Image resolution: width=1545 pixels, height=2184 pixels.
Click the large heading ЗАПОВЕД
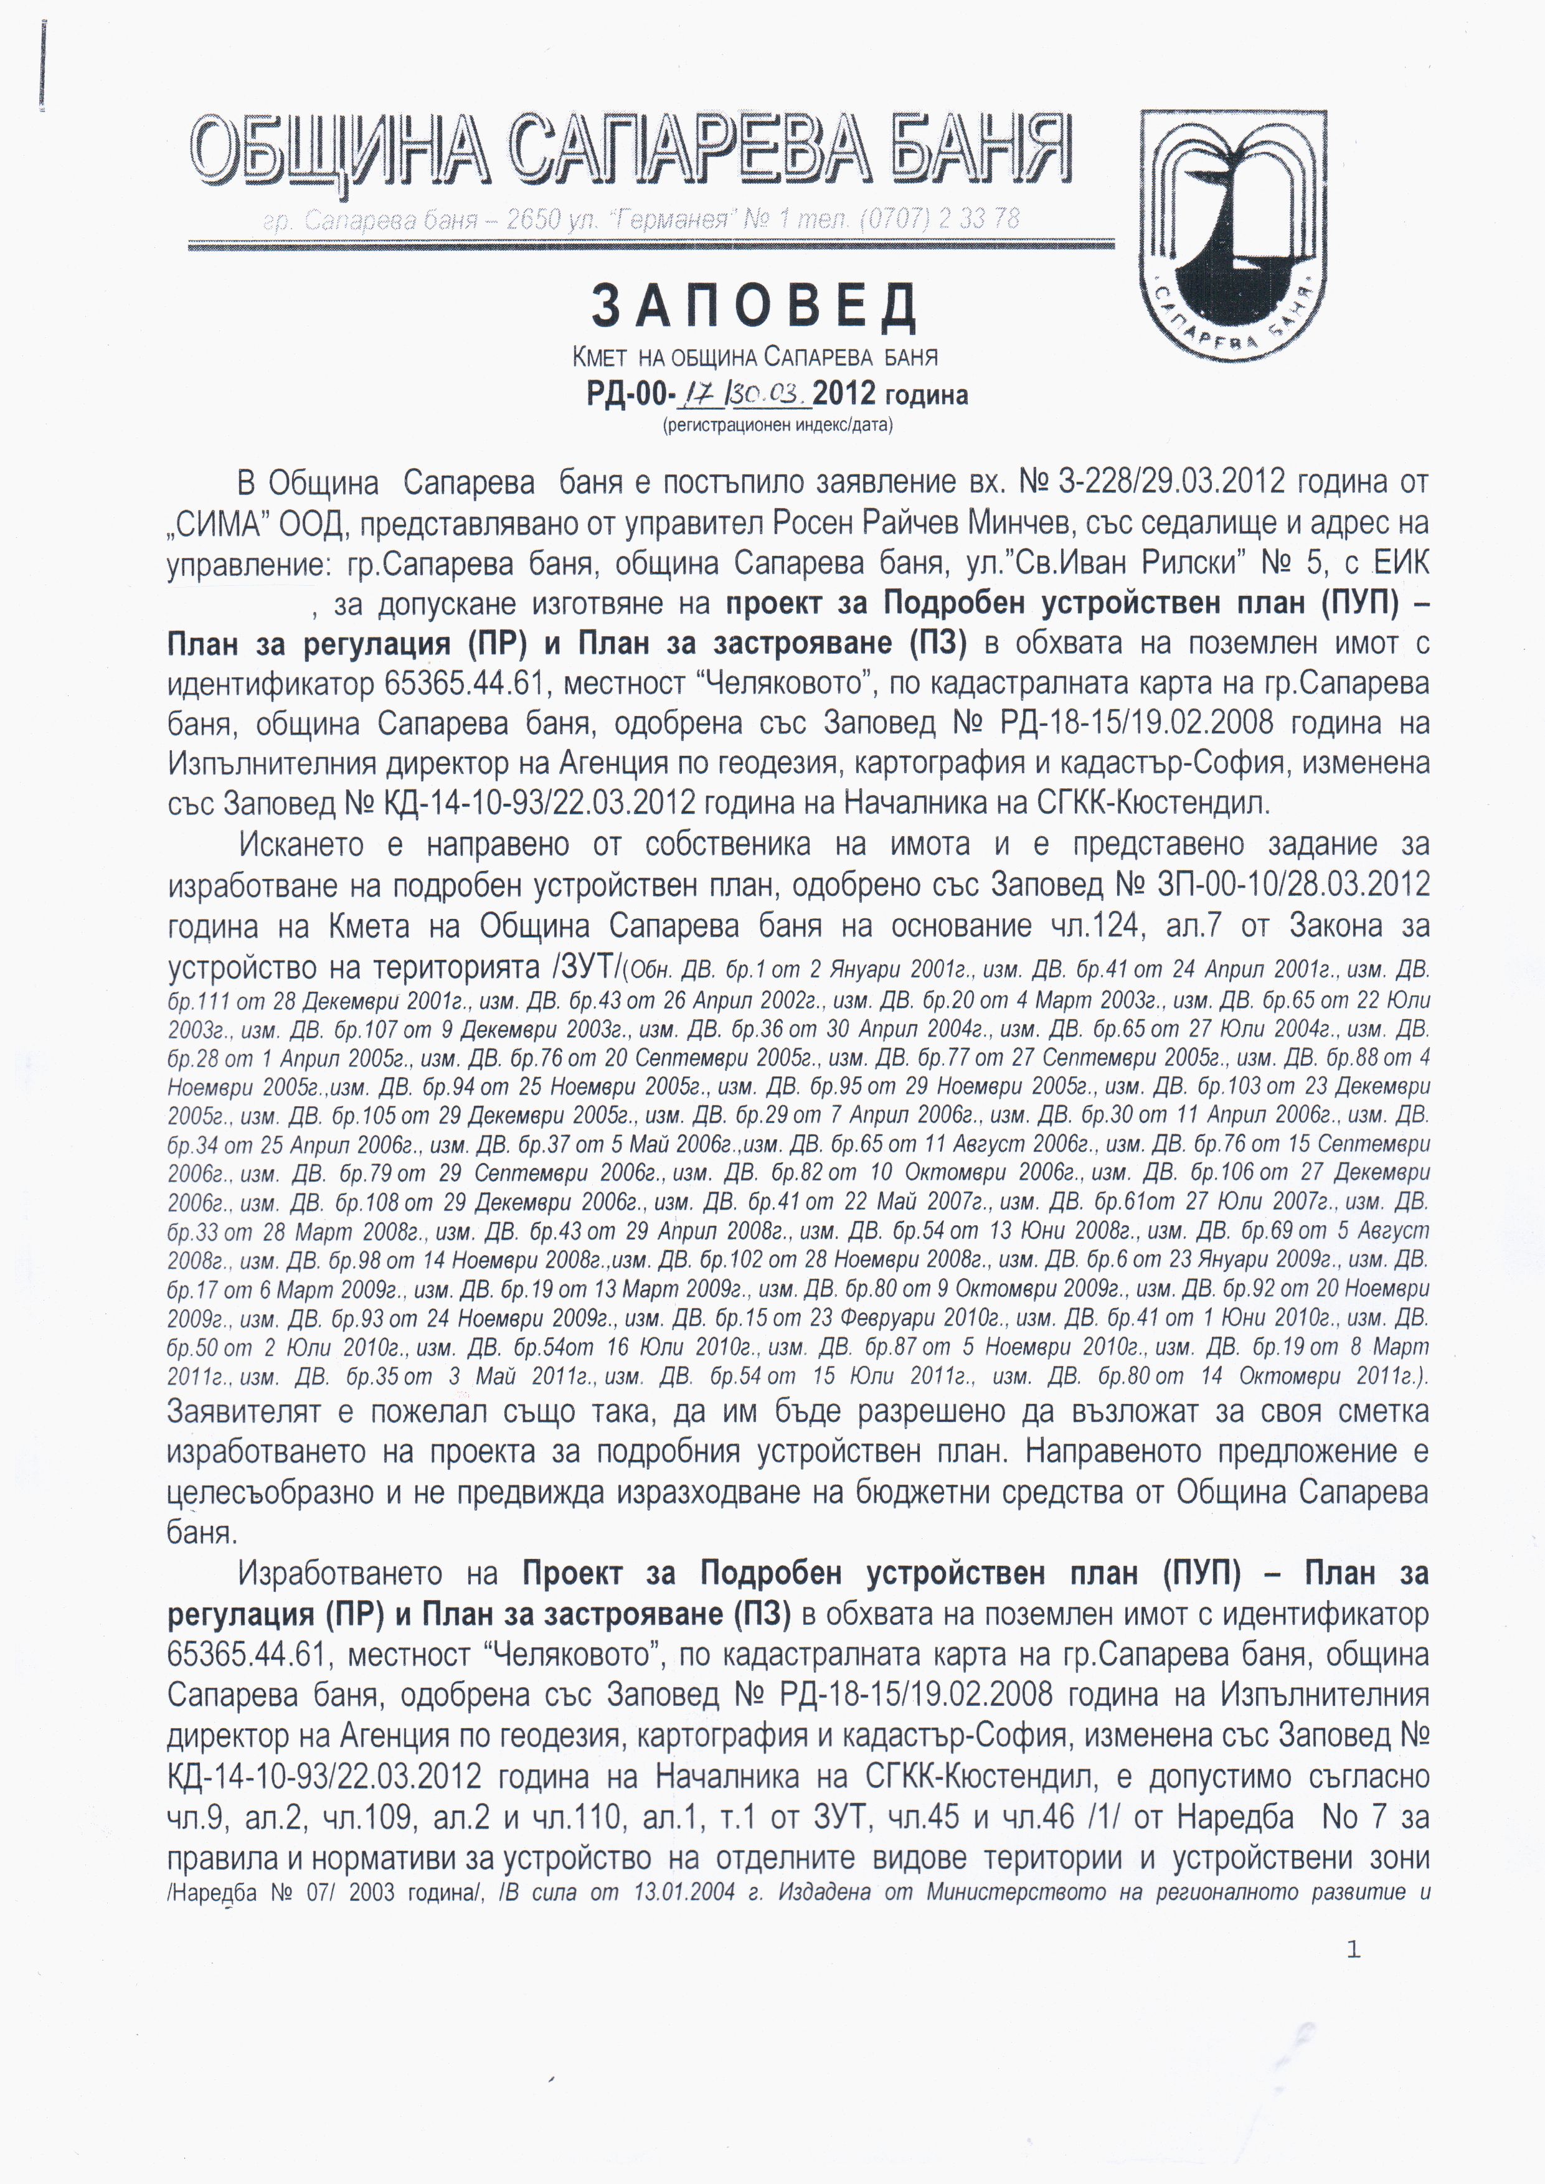click(754, 306)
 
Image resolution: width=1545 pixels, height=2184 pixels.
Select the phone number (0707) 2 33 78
click(939, 220)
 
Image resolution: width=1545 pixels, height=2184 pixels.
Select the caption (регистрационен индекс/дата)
click(777, 425)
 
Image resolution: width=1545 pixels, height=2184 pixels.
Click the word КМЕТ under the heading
click(599, 357)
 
